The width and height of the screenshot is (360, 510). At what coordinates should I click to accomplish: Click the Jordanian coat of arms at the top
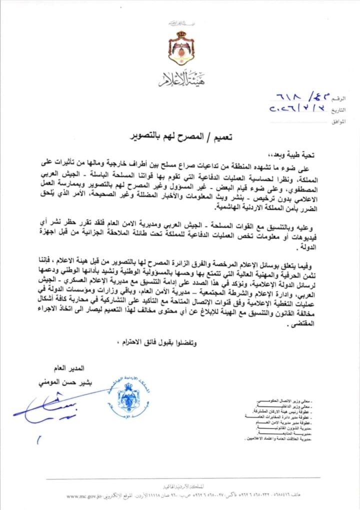click(x=181, y=48)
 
